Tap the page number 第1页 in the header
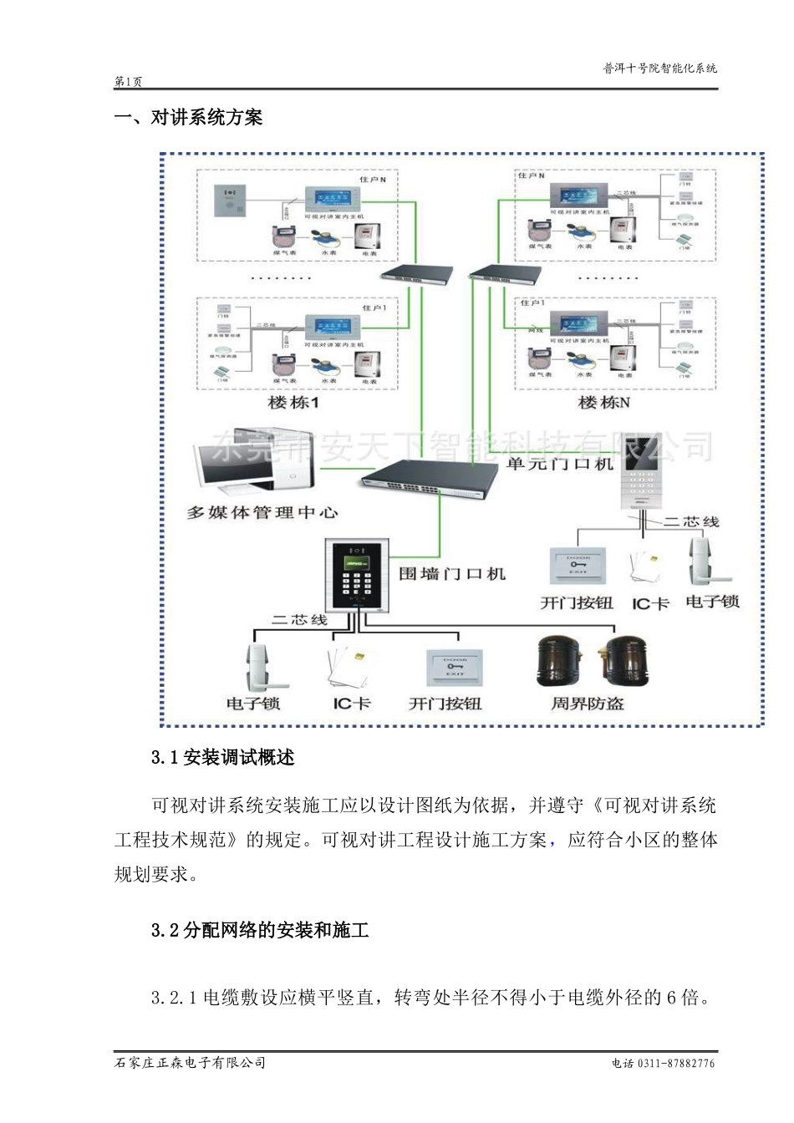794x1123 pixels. (x=128, y=82)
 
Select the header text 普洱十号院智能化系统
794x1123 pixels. (x=659, y=69)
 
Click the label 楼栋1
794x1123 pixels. (x=293, y=403)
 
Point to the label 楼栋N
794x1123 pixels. (x=603, y=403)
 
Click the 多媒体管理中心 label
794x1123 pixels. (x=262, y=512)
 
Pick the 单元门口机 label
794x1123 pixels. (x=559, y=464)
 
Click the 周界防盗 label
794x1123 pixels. (x=587, y=704)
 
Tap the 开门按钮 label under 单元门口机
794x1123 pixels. (x=577, y=603)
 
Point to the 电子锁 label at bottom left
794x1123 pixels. (x=253, y=704)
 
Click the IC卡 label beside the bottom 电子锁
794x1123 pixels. (x=351, y=704)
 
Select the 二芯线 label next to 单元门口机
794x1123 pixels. (x=691, y=521)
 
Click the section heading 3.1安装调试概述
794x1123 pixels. (x=222, y=758)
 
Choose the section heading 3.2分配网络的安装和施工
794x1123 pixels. (x=260, y=930)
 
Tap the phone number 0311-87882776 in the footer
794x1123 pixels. (x=675, y=1064)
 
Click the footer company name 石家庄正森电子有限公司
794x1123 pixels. (x=190, y=1063)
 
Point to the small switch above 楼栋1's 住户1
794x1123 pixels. (x=415, y=273)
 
